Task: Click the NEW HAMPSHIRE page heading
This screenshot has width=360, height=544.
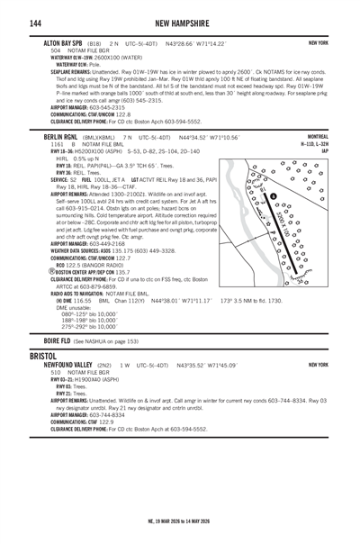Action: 180,21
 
